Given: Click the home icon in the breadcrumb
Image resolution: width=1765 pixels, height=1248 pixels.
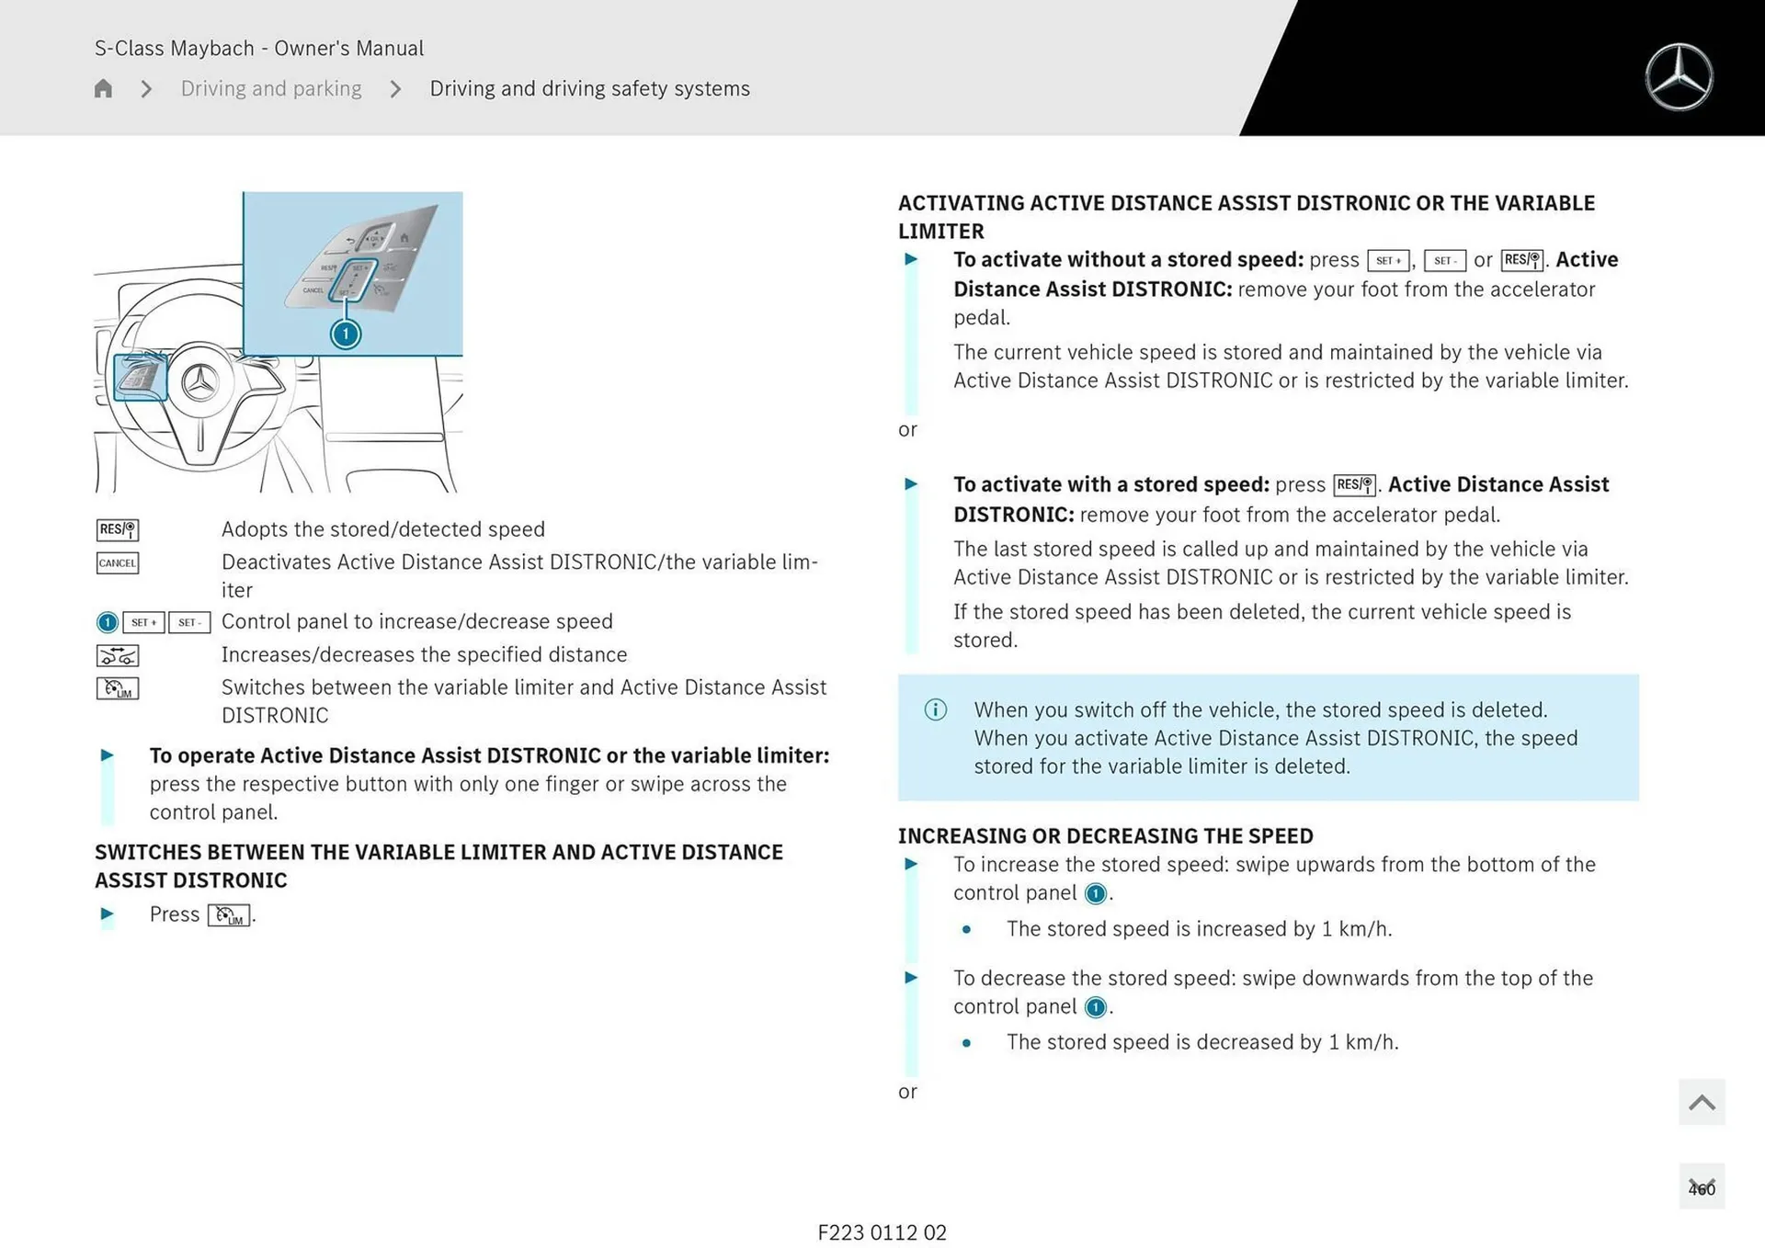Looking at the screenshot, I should (103, 88).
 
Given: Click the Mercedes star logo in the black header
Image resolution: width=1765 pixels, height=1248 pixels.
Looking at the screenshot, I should (1679, 77).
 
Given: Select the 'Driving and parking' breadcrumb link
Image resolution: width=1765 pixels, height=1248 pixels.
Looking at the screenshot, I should (271, 88).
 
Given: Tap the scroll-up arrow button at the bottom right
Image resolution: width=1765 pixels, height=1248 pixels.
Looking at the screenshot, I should (1702, 1102).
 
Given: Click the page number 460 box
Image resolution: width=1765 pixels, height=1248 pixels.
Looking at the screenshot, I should (1702, 1187).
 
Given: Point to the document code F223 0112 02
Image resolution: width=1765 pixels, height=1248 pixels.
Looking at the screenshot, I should (882, 1232).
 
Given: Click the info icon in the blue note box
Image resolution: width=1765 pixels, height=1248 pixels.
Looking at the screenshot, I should (935, 709).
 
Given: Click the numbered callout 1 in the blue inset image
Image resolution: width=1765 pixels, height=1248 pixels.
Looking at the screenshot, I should (346, 334).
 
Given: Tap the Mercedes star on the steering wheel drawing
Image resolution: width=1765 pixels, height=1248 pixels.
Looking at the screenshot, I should (199, 382).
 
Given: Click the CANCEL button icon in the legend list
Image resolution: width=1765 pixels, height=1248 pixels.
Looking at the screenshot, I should (118, 562).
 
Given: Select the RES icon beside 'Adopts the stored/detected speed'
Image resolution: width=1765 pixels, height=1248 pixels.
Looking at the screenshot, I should (118, 529).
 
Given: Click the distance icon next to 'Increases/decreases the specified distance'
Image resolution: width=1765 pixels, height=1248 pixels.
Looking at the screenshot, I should (118, 655).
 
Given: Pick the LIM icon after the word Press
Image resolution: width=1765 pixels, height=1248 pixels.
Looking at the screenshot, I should (229, 915).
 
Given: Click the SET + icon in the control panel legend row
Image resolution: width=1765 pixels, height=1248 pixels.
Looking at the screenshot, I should (143, 622).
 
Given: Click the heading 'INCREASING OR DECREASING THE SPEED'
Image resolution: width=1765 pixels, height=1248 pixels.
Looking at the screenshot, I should (1105, 835).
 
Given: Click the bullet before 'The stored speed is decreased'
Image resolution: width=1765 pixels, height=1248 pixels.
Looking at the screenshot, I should (966, 1043).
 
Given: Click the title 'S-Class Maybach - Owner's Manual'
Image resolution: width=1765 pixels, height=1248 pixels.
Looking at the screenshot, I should (259, 48).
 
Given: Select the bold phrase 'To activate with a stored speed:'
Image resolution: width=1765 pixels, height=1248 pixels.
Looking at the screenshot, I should (1110, 484).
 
